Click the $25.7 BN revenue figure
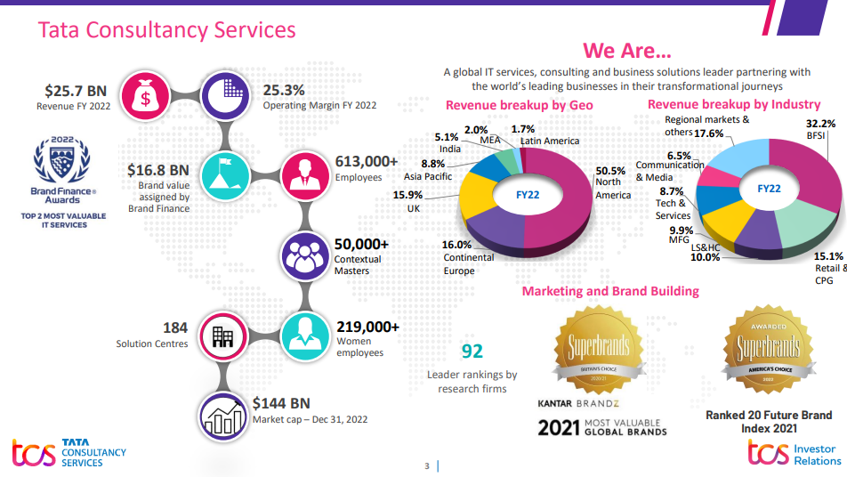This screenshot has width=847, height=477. pyautogui.click(x=76, y=91)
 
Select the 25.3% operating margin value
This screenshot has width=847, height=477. pyautogui.click(x=284, y=90)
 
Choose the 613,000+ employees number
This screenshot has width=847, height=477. pyautogui.click(x=366, y=161)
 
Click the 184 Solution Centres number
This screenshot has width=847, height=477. pyautogui.click(x=174, y=327)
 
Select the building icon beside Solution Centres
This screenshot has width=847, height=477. pyautogui.click(x=223, y=337)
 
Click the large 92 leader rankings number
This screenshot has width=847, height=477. pyautogui.click(x=472, y=352)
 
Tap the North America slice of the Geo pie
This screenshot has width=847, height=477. pyautogui.click(x=561, y=191)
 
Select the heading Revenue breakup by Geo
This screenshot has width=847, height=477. pyautogui.click(x=519, y=106)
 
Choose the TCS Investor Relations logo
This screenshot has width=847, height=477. pyautogui.click(x=794, y=454)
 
